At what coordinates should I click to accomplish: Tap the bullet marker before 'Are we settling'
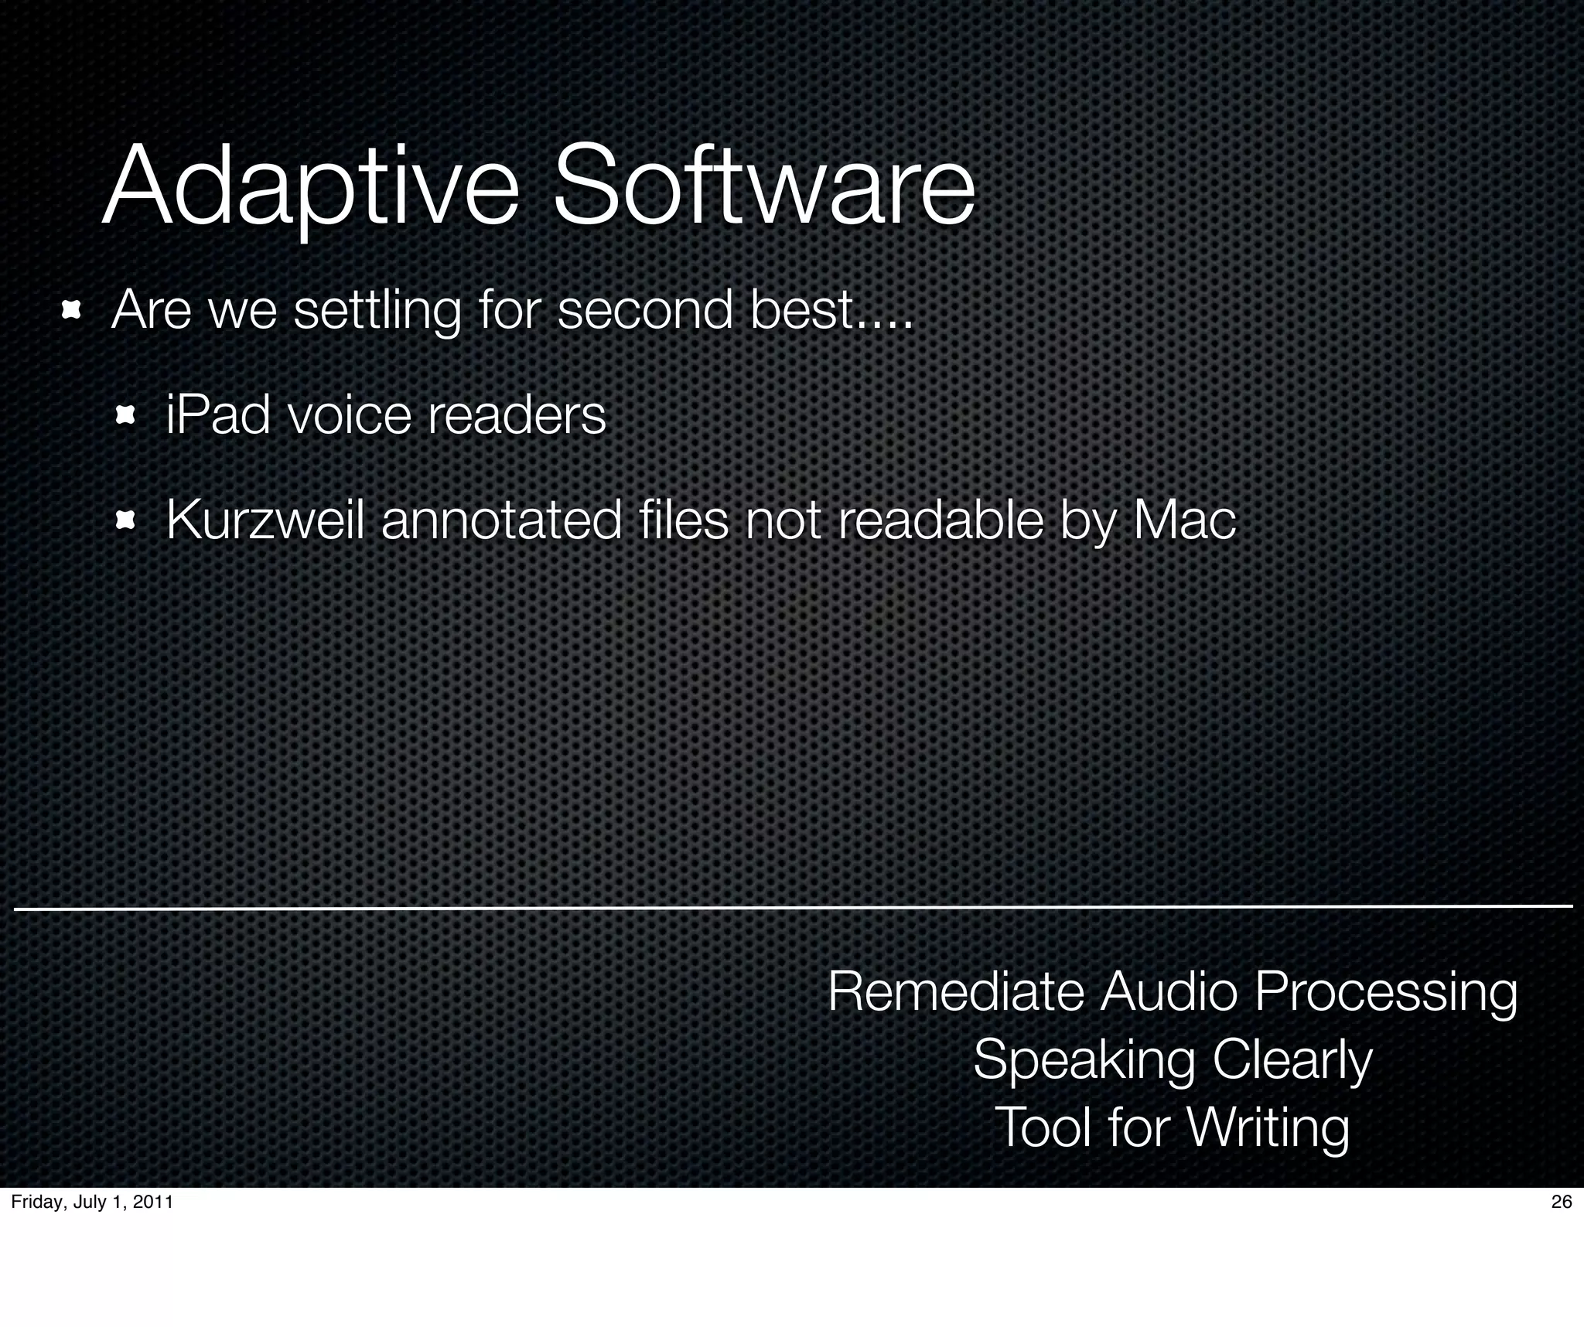71,312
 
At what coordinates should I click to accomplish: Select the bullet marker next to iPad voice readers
125,417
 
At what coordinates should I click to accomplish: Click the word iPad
218,415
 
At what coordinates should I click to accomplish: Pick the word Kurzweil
265,520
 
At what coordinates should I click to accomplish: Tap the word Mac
1183,520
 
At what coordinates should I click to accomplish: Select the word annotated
502,520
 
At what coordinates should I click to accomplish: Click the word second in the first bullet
645,310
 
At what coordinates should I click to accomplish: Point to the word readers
517,415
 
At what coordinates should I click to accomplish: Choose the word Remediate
956,991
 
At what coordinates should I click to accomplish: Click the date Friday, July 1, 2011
92,1202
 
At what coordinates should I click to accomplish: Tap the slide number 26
1562,1202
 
